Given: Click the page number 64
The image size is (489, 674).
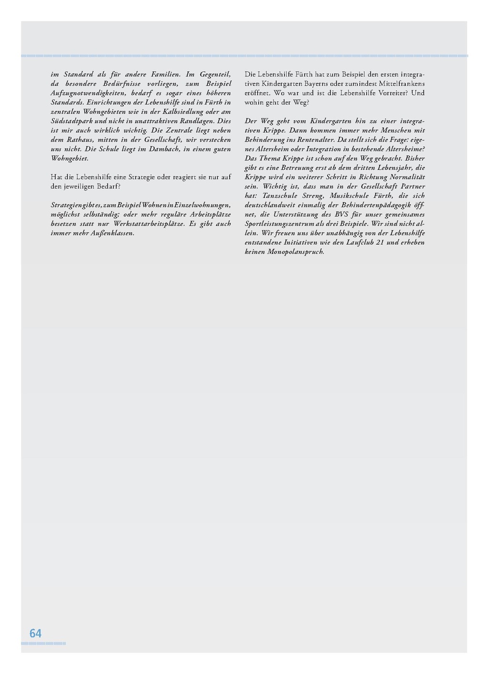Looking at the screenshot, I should point(35,633).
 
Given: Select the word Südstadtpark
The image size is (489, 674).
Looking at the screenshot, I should point(72,121).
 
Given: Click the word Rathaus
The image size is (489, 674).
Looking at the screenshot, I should point(80,140).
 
